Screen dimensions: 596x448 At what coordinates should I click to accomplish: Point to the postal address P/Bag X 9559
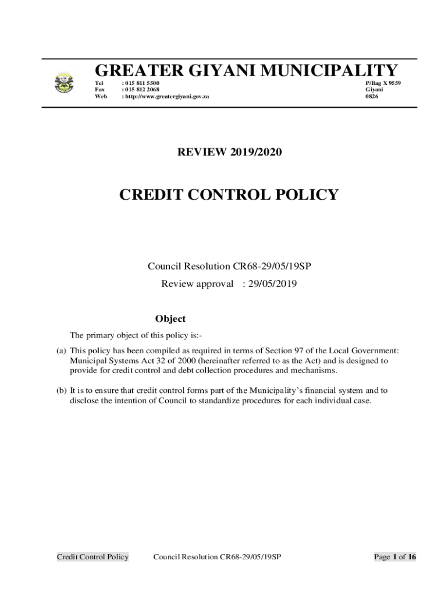[383, 83]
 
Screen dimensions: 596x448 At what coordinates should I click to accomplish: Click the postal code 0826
[371, 97]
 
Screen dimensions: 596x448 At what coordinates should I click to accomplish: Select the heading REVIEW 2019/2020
[229, 152]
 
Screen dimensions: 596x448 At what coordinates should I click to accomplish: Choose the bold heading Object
[170, 319]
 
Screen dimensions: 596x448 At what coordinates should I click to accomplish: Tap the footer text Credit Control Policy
[93, 557]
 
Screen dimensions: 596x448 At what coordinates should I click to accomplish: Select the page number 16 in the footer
[411, 557]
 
